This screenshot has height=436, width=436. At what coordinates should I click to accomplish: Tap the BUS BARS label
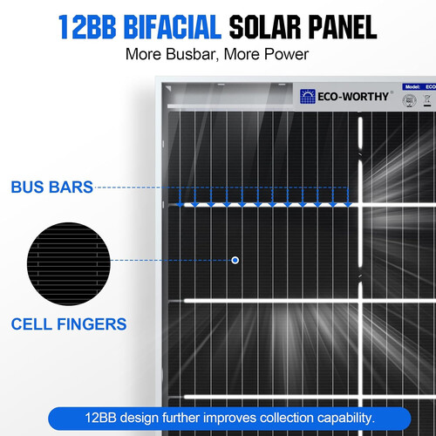click(51, 187)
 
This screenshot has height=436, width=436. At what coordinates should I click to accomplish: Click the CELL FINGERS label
click(68, 324)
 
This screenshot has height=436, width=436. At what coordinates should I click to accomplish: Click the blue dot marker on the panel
click(235, 260)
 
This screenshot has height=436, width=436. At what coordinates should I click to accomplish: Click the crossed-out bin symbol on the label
click(427, 101)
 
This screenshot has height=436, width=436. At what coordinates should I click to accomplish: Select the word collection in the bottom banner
click(262, 416)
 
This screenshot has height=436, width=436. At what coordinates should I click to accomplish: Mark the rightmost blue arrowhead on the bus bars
click(347, 204)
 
